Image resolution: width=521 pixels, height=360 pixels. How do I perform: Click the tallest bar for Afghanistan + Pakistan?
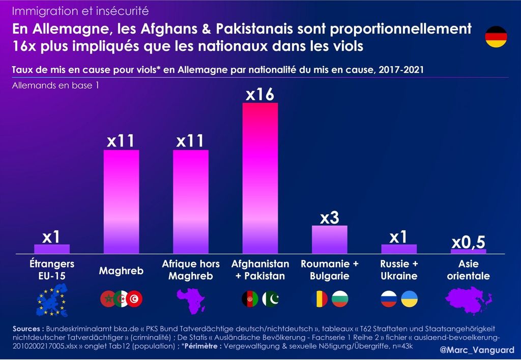(260, 178)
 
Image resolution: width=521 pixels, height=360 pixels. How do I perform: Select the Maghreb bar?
(121, 201)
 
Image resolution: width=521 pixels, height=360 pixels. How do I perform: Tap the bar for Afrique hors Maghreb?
(190, 201)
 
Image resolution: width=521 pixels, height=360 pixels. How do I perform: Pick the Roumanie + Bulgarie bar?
(329, 239)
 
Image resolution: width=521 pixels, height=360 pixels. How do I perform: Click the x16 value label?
(260, 94)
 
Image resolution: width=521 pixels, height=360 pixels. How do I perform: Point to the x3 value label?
(329, 218)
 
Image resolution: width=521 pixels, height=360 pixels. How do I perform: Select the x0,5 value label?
(468, 243)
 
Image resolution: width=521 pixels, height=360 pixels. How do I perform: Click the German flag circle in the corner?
(495, 37)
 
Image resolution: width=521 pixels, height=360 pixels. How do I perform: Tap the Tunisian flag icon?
(135, 298)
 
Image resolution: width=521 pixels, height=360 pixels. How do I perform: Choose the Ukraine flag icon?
(410, 298)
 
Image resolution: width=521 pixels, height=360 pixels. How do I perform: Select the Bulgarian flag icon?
(340, 298)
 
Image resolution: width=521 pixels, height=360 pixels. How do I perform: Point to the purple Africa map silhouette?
(190, 300)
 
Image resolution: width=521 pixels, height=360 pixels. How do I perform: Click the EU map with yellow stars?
(52, 300)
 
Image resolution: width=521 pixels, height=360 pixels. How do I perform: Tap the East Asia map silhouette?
(468, 300)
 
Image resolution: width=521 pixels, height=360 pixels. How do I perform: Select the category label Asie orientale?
(468, 270)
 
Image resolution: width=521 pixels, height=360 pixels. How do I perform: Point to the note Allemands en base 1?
(55, 85)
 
